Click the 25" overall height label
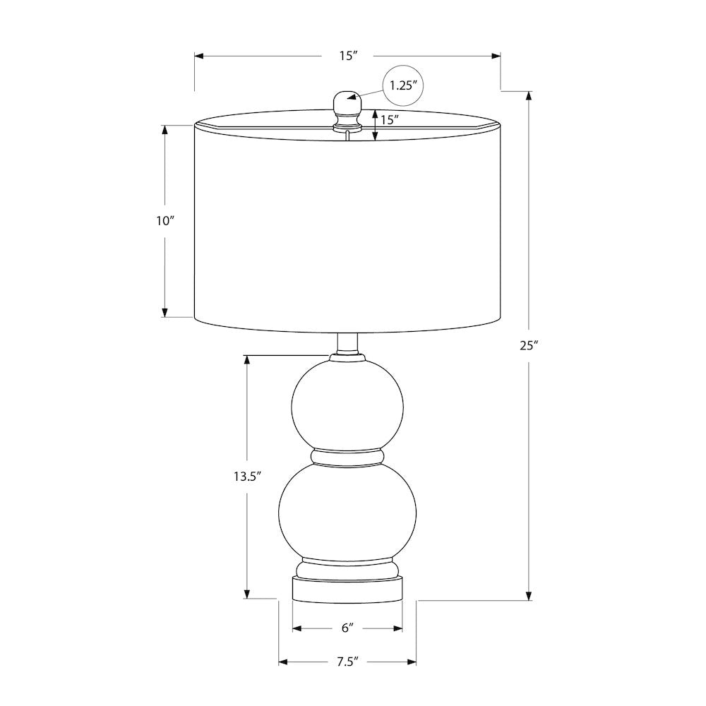(529, 346)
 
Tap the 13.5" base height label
(247, 477)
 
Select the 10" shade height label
(164, 221)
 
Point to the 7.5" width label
(347, 662)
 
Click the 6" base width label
(347, 628)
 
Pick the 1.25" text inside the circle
(401, 85)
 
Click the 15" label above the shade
(348, 56)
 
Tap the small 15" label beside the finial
(390, 120)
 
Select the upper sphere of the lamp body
(347, 407)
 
